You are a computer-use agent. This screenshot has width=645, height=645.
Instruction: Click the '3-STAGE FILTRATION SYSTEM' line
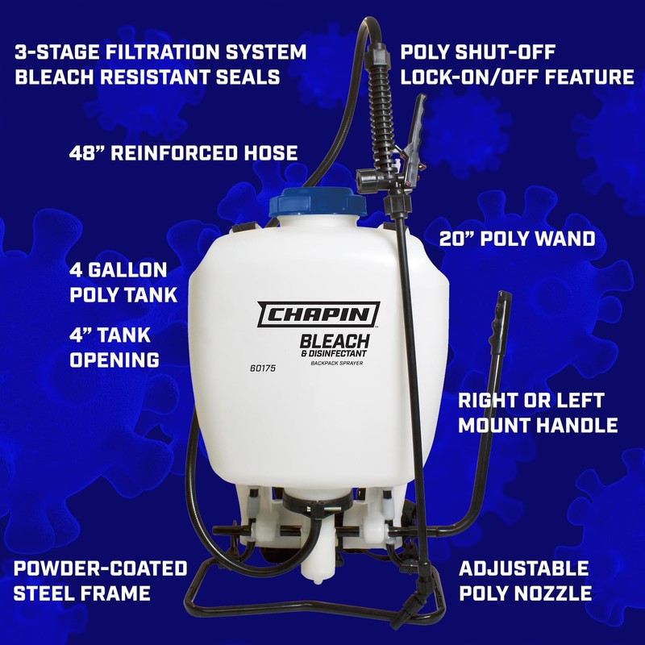160,53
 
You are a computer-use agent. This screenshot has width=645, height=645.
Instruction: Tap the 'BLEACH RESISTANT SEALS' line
147,77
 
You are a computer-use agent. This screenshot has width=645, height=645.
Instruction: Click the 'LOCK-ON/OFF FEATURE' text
517,77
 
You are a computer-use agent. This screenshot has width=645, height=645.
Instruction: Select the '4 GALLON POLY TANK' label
123,282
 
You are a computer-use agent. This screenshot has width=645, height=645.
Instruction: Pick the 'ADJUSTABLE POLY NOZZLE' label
525,581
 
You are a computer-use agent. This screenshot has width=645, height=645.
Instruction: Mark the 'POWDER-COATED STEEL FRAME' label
100,581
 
